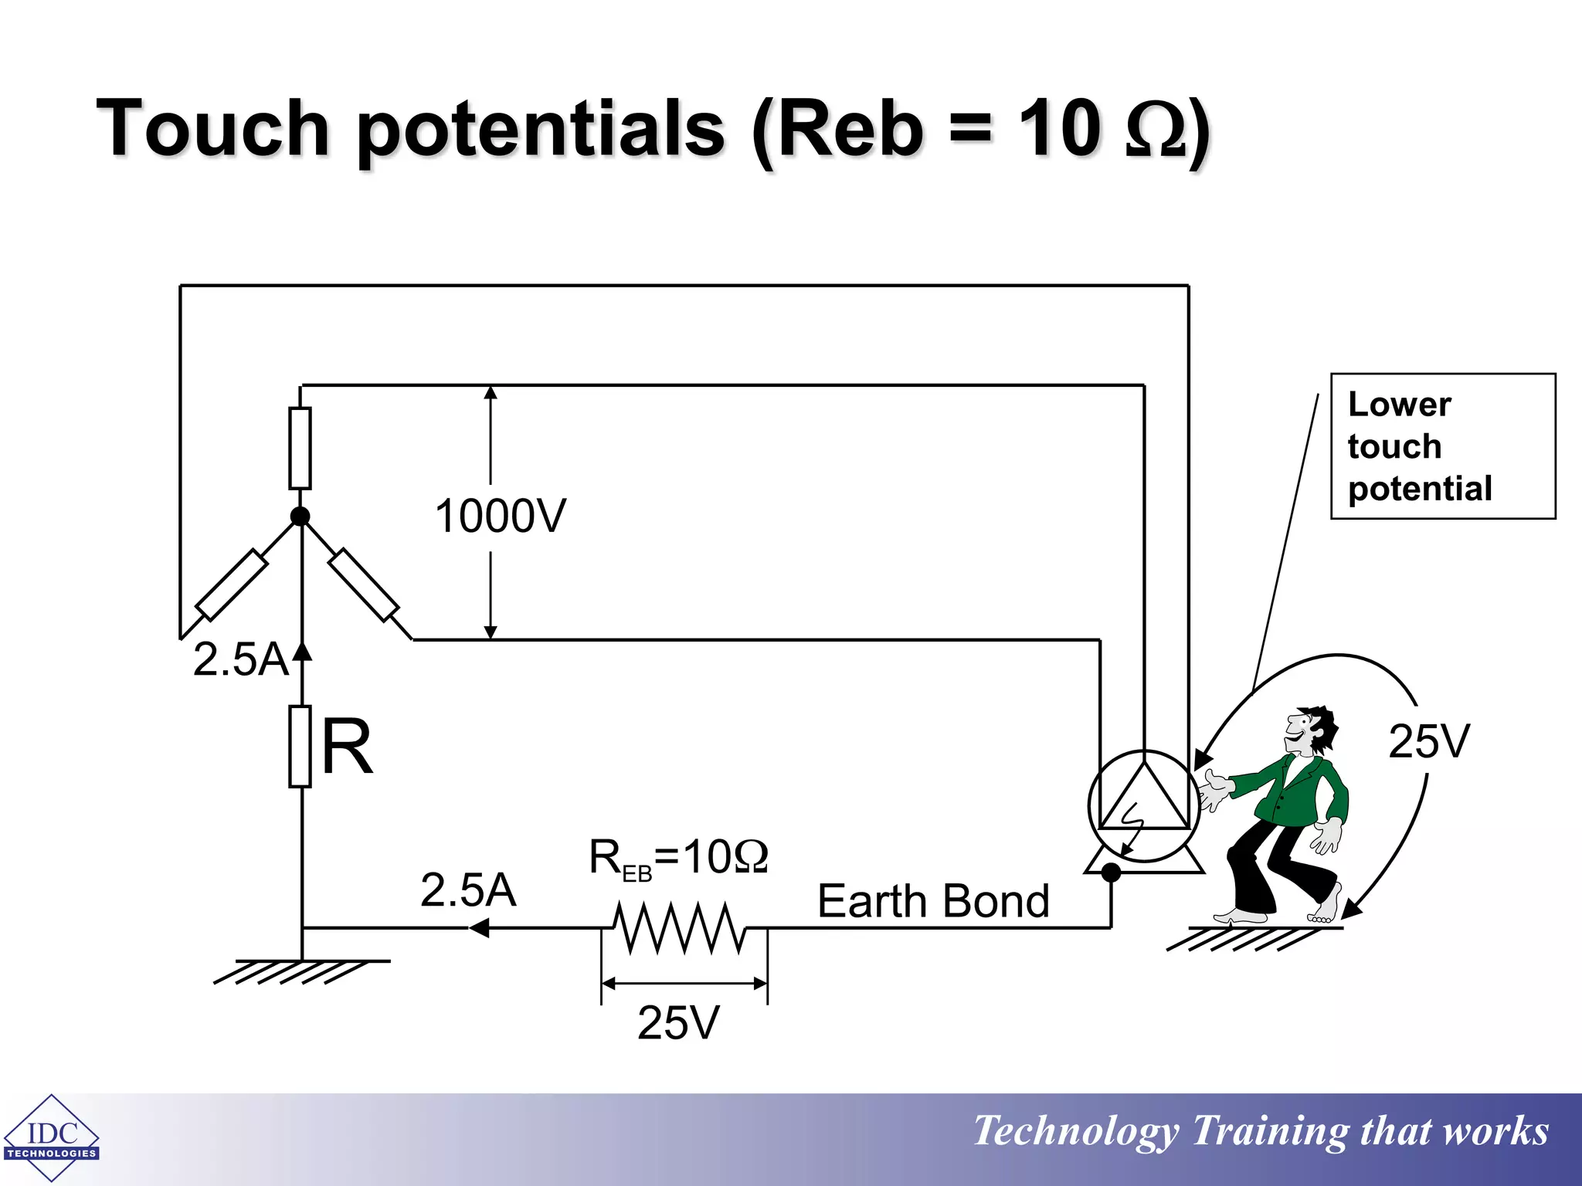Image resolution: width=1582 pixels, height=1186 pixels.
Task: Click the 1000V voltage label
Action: [501, 516]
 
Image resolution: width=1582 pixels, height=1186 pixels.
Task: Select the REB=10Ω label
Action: [678, 858]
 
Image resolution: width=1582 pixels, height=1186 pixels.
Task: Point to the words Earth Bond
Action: [933, 901]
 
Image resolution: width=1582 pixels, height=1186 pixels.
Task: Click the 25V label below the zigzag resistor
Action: [678, 1022]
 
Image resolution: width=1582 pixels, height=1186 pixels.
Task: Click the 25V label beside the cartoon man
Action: [1429, 741]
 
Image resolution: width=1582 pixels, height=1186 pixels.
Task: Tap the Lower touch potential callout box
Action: [1442, 446]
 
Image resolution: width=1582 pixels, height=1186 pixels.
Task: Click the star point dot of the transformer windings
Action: [300, 517]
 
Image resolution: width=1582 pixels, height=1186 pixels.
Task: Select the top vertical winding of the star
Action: [300, 448]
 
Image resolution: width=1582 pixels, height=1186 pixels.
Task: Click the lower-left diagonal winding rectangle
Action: [232, 585]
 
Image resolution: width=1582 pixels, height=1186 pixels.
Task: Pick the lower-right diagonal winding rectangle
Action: [364, 585]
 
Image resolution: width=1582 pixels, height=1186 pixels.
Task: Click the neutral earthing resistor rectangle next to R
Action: [300, 746]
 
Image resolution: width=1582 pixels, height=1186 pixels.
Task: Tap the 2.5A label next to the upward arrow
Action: [241, 659]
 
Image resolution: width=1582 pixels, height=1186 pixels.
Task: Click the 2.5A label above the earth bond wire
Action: [468, 889]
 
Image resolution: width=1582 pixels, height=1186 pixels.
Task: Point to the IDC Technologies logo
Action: [51, 1137]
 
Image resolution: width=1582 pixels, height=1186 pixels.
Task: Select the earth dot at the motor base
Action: [1111, 873]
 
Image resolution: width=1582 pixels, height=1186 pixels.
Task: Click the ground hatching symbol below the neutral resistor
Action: [301, 971]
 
